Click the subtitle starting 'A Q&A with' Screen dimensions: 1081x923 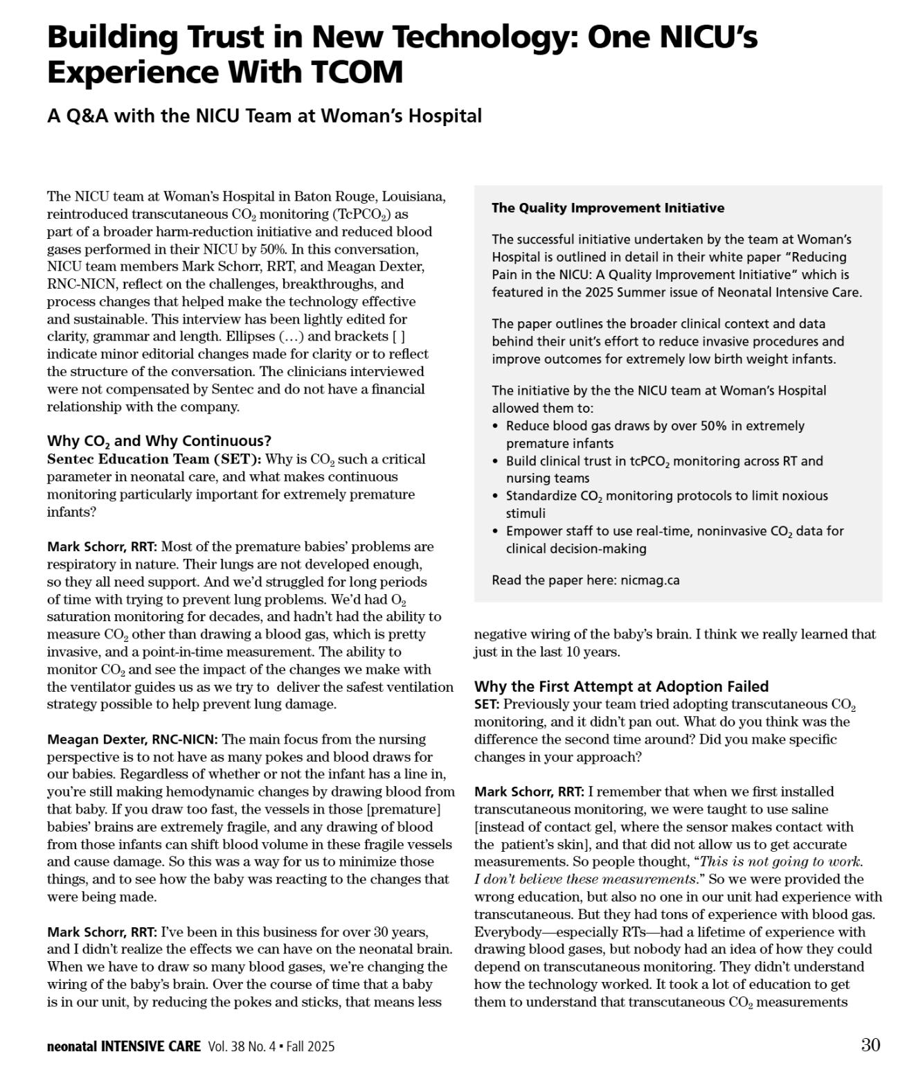pyautogui.click(x=264, y=116)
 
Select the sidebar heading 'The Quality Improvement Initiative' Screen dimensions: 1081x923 pyautogui.click(x=607, y=208)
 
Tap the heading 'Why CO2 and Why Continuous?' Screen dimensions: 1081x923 pyautogui.click(x=159, y=441)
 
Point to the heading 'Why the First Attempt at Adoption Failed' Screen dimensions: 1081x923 pyautogui.click(x=621, y=686)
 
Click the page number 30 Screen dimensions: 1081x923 pyautogui.click(x=870, y=1045)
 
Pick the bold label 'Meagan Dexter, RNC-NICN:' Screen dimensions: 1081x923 pyautogui.click(x=132, y=740)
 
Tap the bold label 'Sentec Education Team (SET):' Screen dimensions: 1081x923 pyautogui.click(x=154, y=459)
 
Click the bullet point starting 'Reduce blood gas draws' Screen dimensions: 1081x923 pyautogui.click(x=654, y=434)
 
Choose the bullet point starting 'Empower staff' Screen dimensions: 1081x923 pyautogui.click(x=674, y=539)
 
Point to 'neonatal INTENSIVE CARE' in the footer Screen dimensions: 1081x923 pyautogui.click(x=124, y=1046)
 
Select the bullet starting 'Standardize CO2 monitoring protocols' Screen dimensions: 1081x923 pyautogui.click(x=666, y=504)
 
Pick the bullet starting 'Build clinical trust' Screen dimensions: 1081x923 pyautogui.click(x=663, y=469)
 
